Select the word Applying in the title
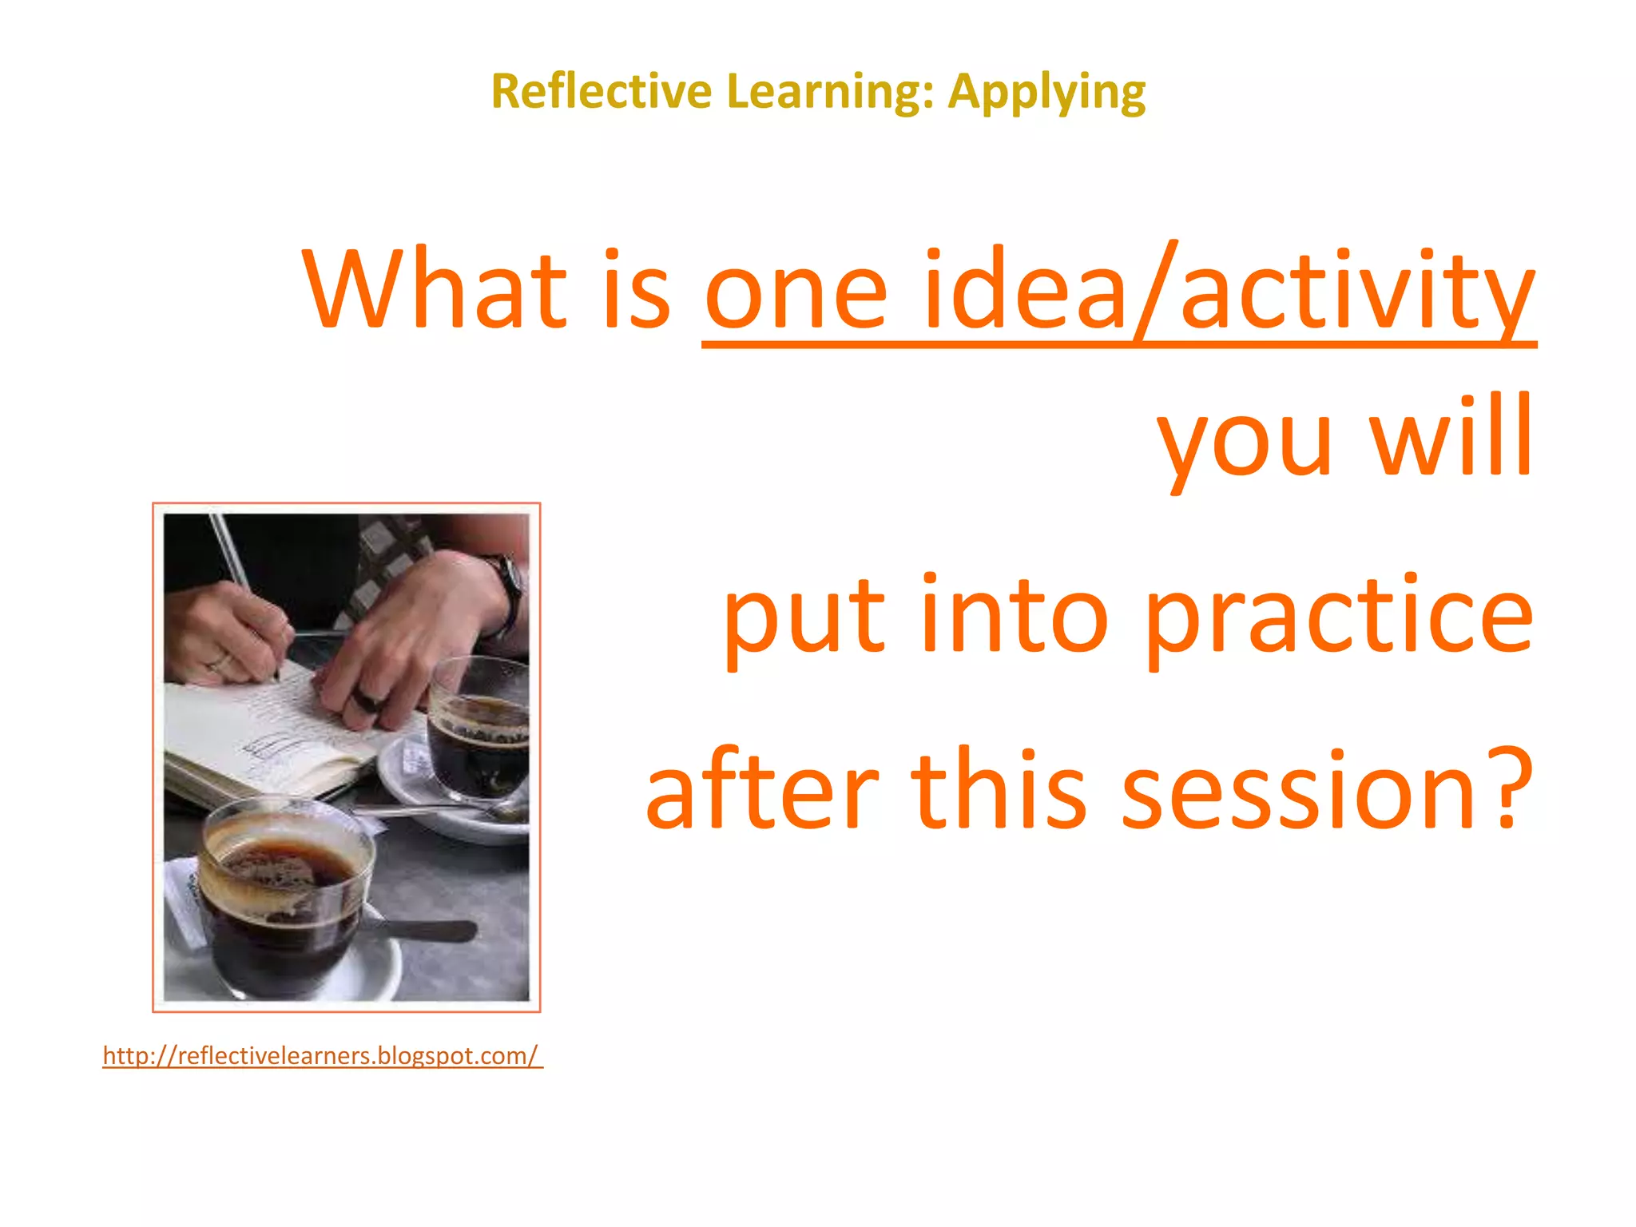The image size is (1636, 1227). pos(1046,93)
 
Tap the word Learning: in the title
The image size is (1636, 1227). pos(830,93)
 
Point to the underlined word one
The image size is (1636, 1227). pos(796,292)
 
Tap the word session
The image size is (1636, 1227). pos(1297,791)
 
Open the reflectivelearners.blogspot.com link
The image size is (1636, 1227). pos(321,1055)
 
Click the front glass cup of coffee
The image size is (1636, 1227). pos(284,895)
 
